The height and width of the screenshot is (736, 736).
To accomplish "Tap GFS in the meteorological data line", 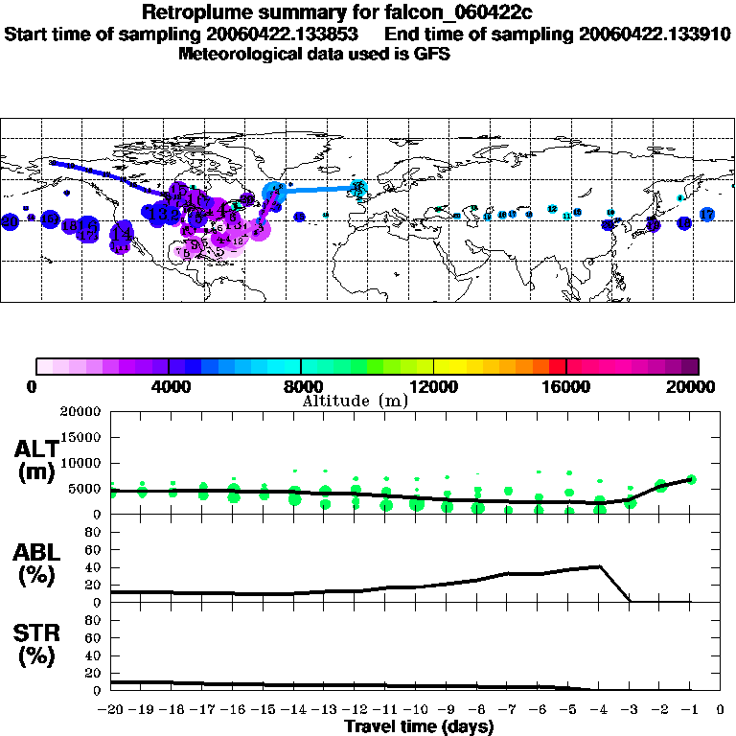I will click(x=432, y=54).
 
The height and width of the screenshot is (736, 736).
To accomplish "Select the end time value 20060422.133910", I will click(x=655, y=34).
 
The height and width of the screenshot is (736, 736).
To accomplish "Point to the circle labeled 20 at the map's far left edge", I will click(x=11, y=221).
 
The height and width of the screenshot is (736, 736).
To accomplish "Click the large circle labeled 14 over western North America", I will click(x=122, y=233).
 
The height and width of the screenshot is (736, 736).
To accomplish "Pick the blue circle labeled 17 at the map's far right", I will click(x=706, y=214).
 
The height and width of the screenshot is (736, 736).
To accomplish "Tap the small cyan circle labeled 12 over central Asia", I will click(x=553, y=209).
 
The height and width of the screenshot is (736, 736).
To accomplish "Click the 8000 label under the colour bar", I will click(x=301, y=386).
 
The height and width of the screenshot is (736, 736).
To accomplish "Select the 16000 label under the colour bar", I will click(x=566, y=386).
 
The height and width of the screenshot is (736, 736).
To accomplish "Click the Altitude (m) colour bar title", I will click(x=355, y=401).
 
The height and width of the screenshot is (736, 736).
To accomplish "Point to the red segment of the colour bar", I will click(x=556, y=365).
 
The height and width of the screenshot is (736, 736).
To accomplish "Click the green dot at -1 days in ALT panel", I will click(x=691, y=479).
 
